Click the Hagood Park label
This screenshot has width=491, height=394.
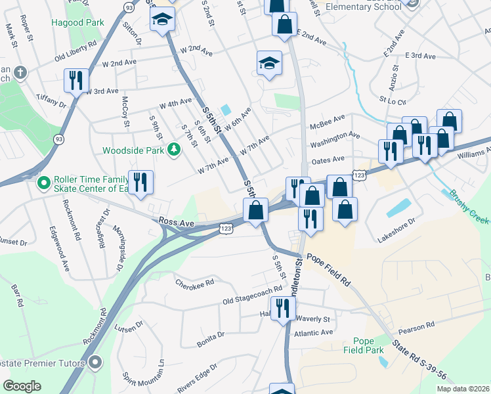pyautogui.click(x=77, y=22)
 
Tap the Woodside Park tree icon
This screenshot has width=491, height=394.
pyautogui.click(x=174, y=150)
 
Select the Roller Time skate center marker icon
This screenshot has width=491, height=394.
pyautogui.click(x=44, y=182)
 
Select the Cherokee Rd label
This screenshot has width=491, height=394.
pyautogui.click(x=195, y=283)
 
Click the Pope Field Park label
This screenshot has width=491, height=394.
pyautogui.click(x=368, y=345)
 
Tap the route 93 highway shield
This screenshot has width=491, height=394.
pyautogui.click(x=59, y=139)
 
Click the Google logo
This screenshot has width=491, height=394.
pyautogui.click(x=22, y=386)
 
